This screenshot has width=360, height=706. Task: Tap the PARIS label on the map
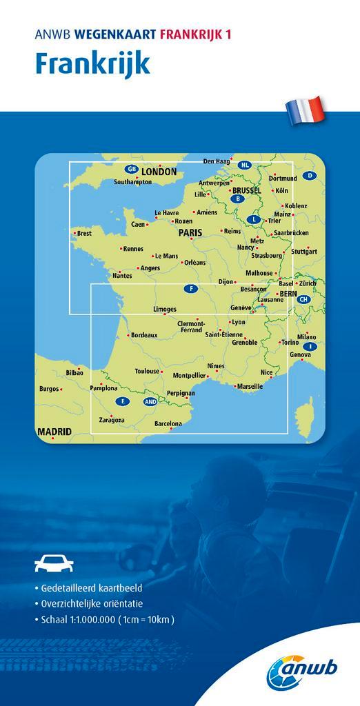(x=190, y=233)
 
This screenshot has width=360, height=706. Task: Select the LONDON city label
(x=159, y=172)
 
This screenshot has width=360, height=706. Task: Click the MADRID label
(x=54, y=432)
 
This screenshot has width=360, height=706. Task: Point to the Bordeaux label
(x=144, y=335)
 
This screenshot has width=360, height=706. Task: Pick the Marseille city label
(x=249, y=387)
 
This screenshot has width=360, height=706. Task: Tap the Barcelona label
(x=168, y=423)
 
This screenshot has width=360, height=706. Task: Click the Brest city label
(x=84, y=234)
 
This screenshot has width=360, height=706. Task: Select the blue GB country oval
(x=130, y=169)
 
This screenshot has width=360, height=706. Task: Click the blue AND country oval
(x=150, y=401)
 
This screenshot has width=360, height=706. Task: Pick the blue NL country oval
(x=244, y=165)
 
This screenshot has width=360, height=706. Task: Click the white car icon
(x=54, y=565)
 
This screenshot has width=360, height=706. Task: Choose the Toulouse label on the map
(x=147, y=371)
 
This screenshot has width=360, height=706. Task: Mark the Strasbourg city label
(x=266, y=256)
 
